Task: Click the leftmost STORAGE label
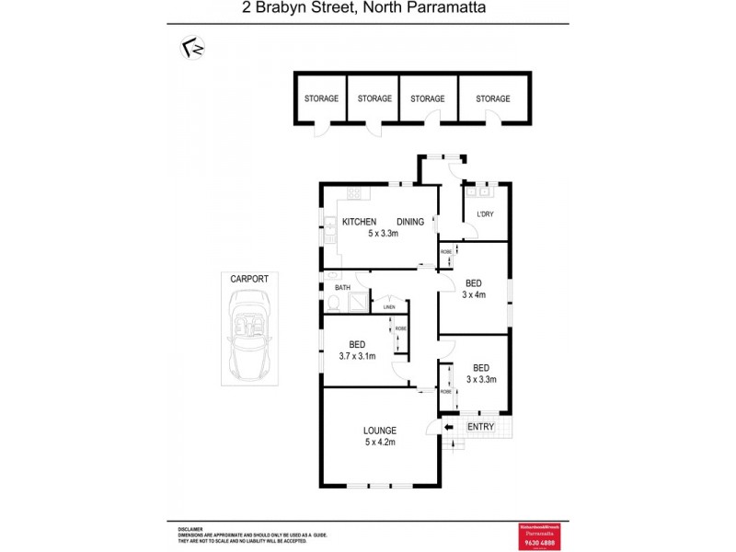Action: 321,99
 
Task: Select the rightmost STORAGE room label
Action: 492,99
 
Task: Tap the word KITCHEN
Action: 360,222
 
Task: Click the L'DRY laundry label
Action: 484,215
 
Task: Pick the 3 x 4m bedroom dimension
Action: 475,295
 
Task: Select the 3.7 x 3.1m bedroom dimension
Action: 357,356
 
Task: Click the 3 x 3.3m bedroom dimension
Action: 481,379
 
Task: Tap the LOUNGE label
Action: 379,431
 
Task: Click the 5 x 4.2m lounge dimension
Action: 379,443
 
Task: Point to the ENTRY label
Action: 481,427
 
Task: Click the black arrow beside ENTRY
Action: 449,427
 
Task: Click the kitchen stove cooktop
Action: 354,194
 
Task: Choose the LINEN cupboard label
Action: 389,306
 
